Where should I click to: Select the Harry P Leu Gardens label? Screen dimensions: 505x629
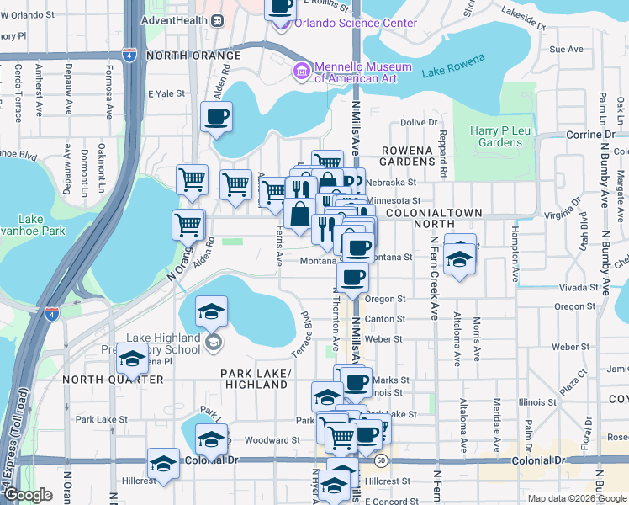[x=495, y=136]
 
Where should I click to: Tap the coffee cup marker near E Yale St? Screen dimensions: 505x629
[x=217, y=116]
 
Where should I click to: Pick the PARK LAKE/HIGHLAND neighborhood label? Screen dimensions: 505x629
[x=256, y=379]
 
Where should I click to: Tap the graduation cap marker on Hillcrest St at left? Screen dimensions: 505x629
[x=163, y=463]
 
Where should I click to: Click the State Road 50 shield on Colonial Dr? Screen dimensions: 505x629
[x=382, y=460]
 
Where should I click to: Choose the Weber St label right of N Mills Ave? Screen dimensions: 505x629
[x=386, y=339]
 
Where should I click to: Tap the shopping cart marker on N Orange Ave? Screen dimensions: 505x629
[x=188, y=225]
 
